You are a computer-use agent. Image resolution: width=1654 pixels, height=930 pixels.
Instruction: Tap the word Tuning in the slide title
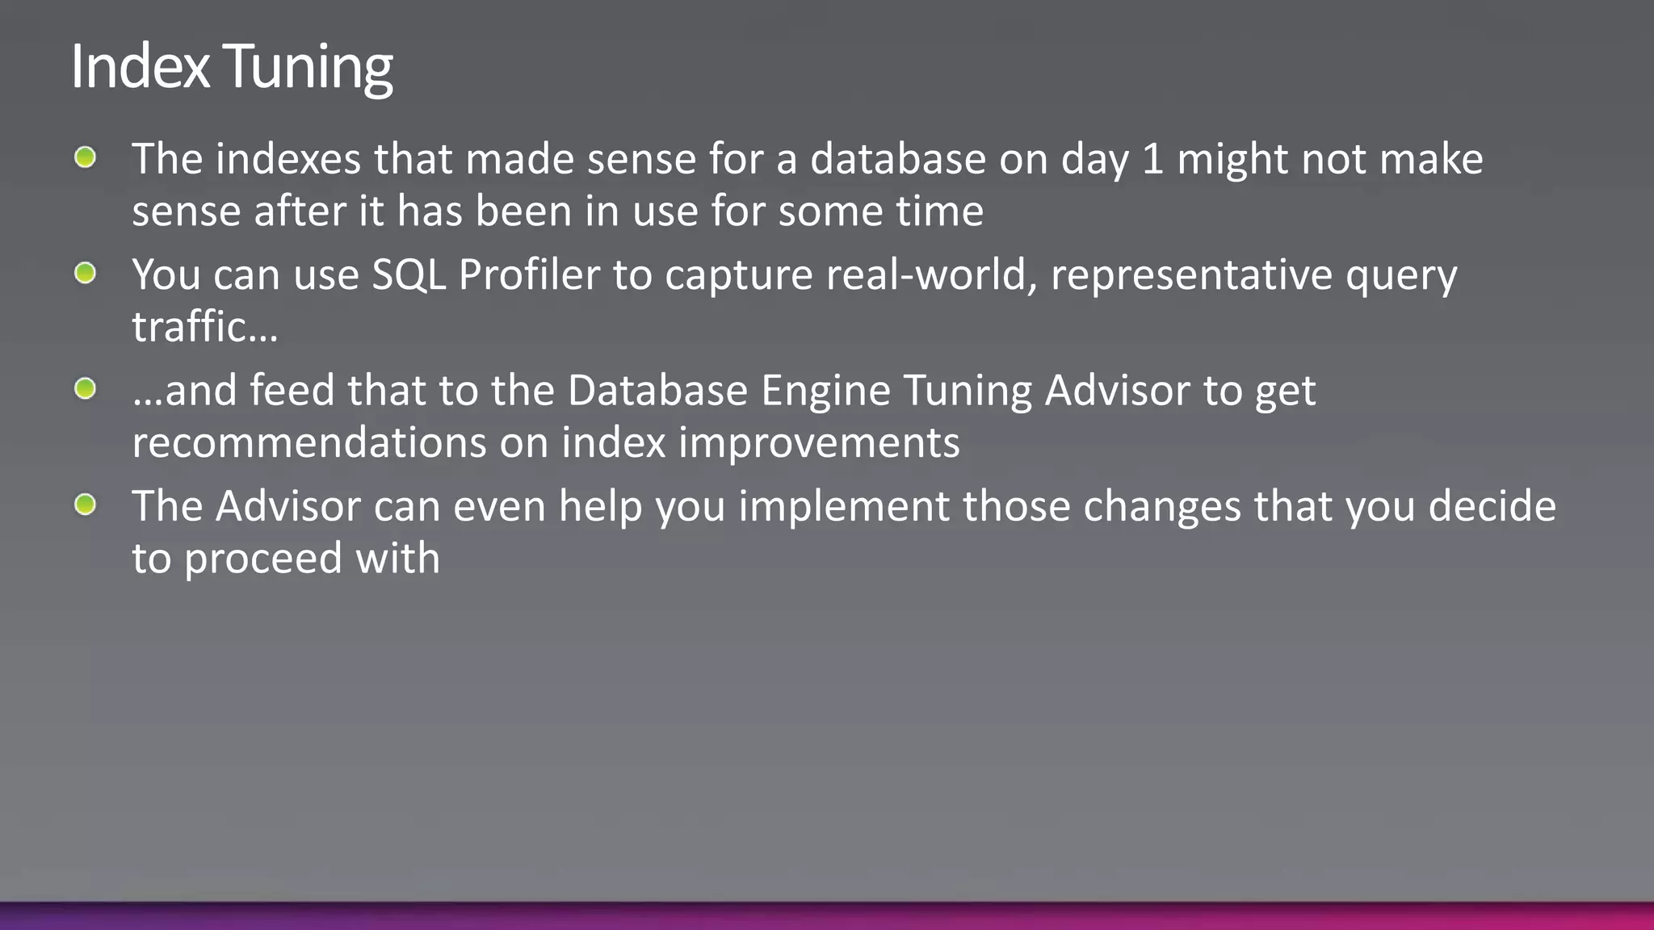308,68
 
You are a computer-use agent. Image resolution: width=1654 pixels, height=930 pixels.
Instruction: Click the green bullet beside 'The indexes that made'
85,157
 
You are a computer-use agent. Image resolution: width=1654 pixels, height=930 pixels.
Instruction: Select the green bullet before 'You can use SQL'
85,274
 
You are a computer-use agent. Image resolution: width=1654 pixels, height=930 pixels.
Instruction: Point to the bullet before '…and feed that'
85,389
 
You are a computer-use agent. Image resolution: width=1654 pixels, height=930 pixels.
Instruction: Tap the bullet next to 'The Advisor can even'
85,505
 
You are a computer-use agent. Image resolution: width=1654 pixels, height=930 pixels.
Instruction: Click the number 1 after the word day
1152,159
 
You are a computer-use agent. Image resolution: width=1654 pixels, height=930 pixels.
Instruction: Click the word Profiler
529,275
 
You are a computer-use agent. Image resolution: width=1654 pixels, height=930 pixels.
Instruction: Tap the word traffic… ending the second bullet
204,327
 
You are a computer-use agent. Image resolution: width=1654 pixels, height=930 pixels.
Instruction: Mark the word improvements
819,443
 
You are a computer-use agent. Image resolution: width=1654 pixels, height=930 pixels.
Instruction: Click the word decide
1492,506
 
